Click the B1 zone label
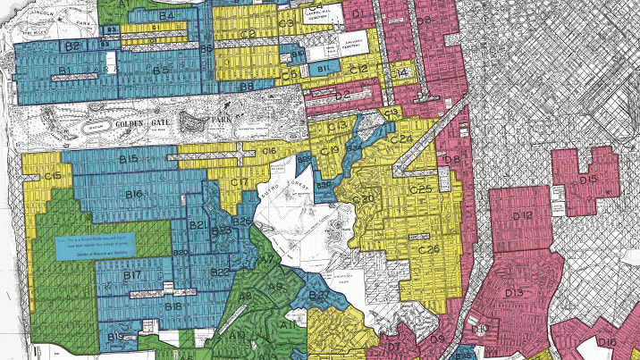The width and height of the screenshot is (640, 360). click(x=63, y=68)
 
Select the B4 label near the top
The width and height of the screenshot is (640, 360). click(x=165, y=16)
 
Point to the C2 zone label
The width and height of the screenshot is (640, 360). click(x=248, y=35)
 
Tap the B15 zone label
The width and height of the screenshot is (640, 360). click(x=129, y=159)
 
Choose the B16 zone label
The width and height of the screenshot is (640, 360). click(x=135, y=194)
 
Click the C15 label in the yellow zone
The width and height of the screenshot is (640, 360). click(x=53, y=175)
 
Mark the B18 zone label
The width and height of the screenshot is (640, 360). click(x=173, y=306)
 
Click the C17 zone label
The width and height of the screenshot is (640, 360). click(x=239, y=183)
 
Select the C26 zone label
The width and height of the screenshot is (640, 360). click(x=429, y=249)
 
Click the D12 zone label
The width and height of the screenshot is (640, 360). click(x=525, y=215)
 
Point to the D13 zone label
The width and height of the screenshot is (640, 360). click(x=513, y=293)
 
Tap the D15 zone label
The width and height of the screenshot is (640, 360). click(x=587, y=180)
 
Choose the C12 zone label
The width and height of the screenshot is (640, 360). click(x=358, y=69)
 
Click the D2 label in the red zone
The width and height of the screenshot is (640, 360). click(x=341, y=94)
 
